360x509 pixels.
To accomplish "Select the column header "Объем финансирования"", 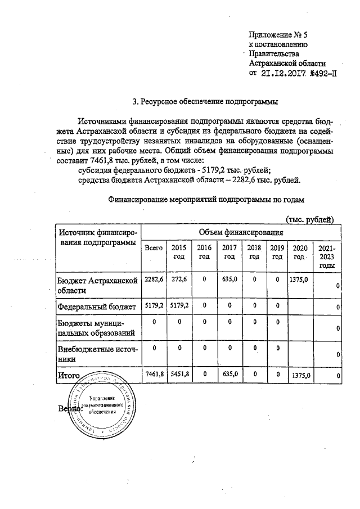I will click(240, 232).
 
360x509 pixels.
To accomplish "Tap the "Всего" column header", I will click(154, 248).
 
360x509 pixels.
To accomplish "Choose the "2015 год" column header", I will click(178, 252).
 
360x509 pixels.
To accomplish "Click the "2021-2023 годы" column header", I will click(327, 256).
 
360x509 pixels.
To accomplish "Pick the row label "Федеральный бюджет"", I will click(97, 307).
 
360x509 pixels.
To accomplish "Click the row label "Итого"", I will click(69, 373).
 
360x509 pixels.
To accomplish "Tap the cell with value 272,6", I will click(178, 280).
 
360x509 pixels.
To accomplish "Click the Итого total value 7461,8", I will click(154, 373).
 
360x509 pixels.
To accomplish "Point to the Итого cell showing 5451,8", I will click(178, 373).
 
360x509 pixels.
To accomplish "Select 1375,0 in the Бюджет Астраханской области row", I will click(298, 280).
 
